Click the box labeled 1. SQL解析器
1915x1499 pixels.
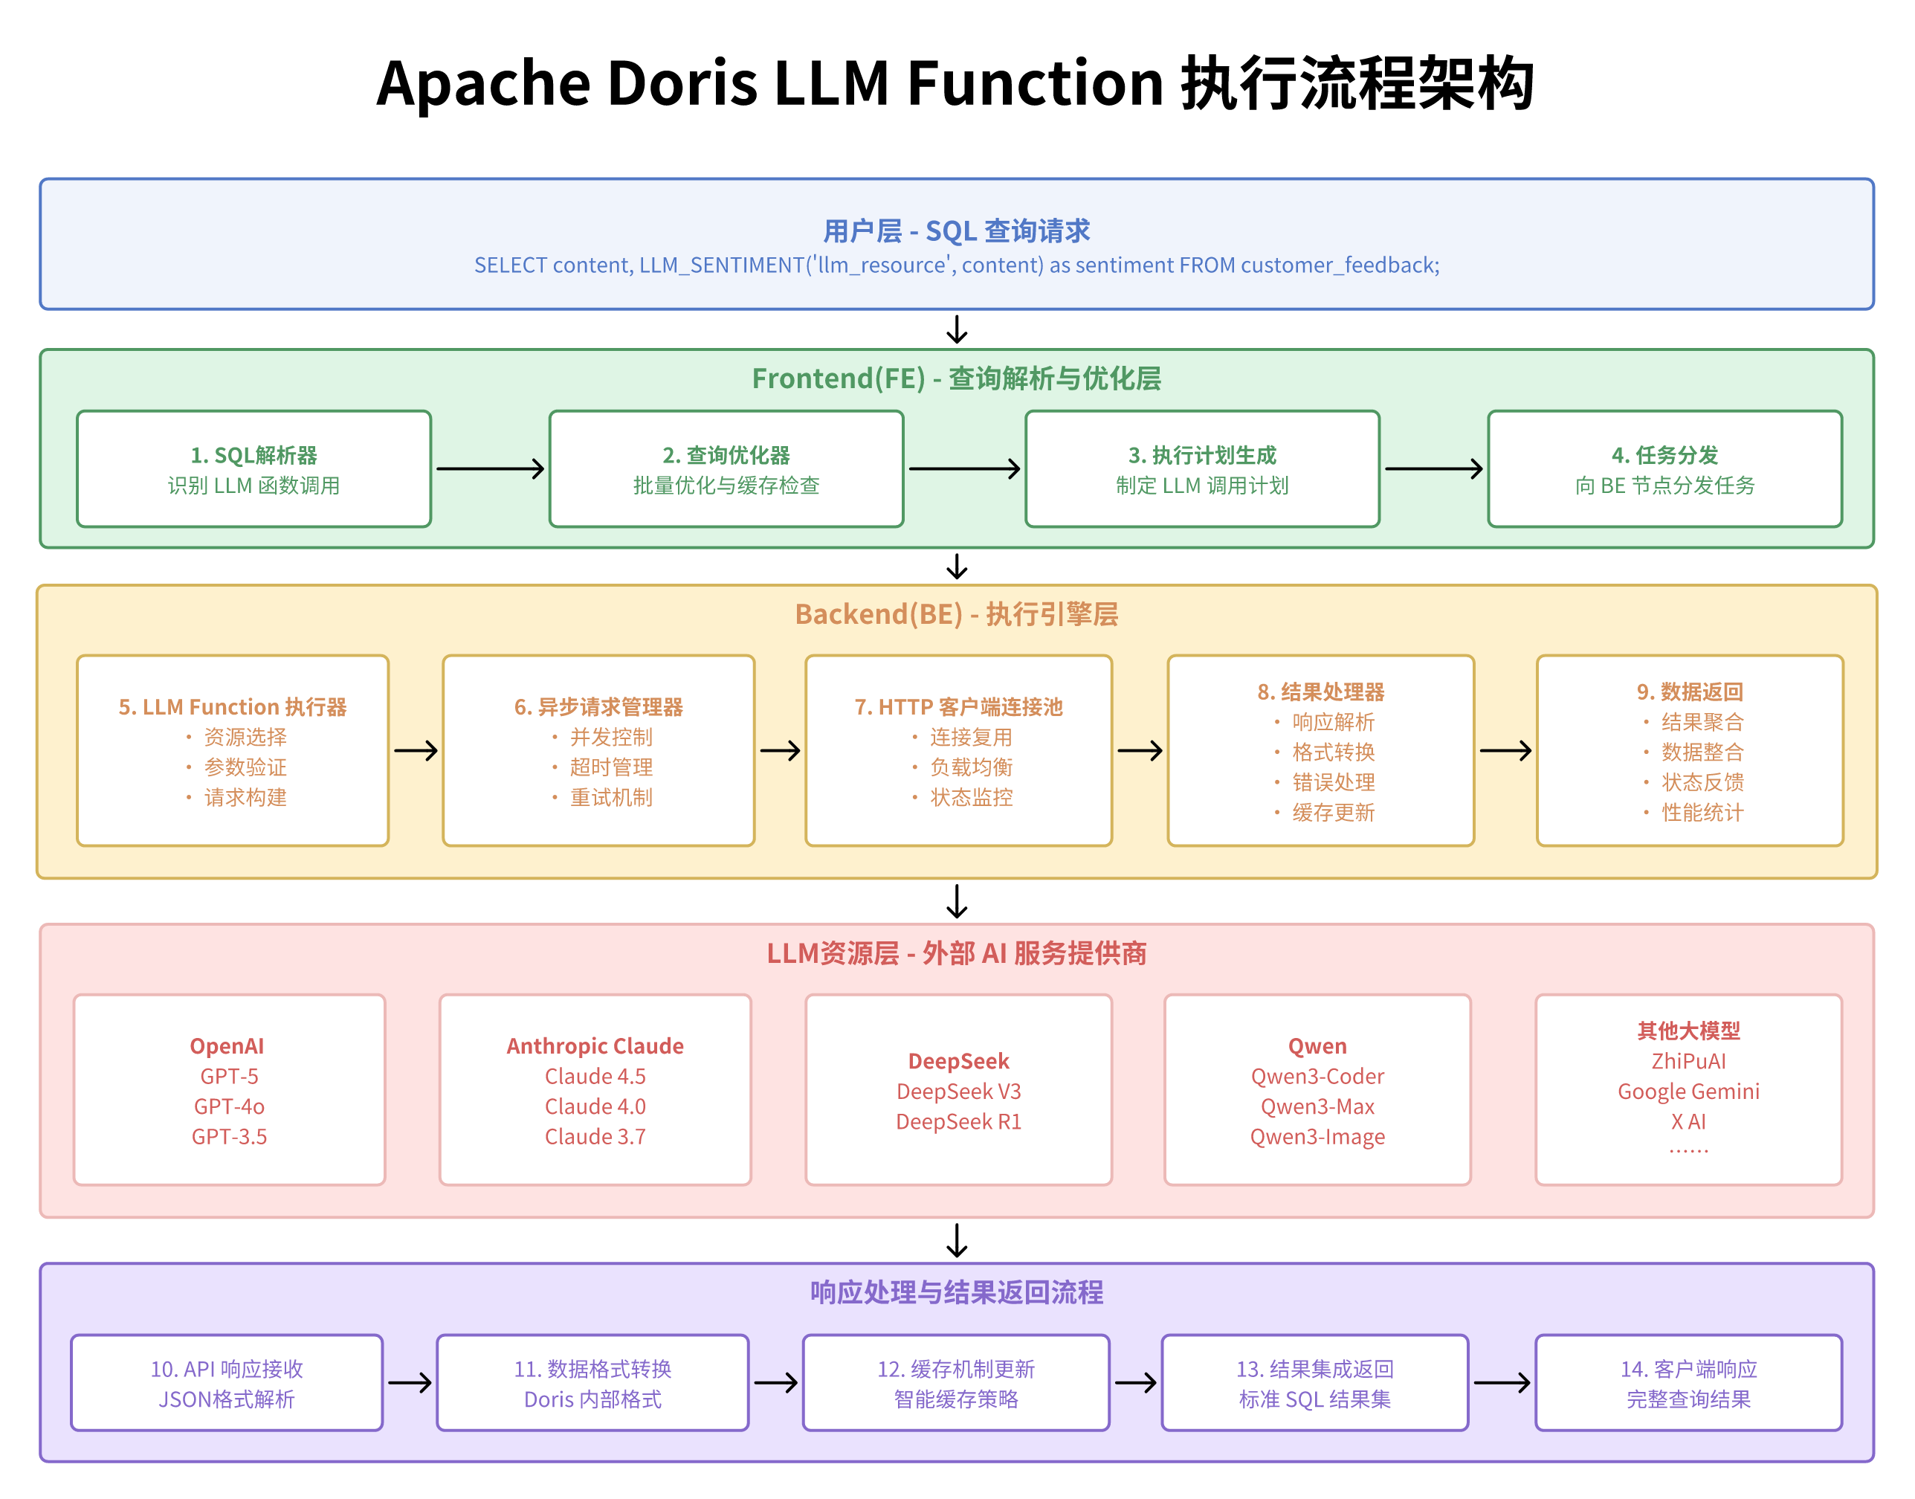pos(253,468)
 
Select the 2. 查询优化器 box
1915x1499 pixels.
pos(726,468)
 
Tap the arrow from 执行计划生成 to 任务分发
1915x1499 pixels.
pos(1433,468)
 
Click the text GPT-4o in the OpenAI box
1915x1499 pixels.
pos(229,1106)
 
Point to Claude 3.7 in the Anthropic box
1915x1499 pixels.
pos(595,1137)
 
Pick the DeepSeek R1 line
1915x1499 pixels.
pos(958,1121)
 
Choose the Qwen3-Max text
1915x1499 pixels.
pos(1317,1106)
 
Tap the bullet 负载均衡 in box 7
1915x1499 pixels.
pos(970,767)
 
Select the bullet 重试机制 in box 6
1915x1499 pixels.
pos(610,797)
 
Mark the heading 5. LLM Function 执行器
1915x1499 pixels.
pos(233,706)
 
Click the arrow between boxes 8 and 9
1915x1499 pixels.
pos(1505,750)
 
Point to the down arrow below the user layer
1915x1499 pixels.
pos(956,330)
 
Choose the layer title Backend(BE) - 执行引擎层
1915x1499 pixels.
pos(956,613)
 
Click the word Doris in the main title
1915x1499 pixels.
pos(682,83)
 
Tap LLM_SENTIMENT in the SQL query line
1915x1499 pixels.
pos(721,265)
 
